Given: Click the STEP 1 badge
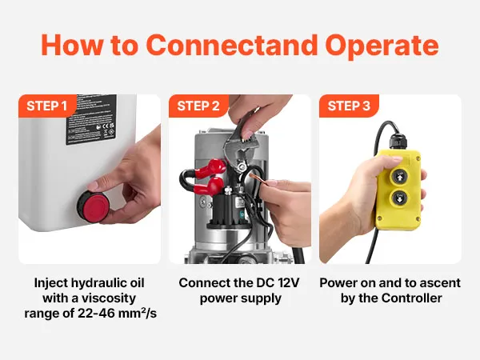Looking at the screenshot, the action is [46, 106].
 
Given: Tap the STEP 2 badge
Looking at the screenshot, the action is [198, 106].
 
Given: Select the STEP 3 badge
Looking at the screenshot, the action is [349, 106].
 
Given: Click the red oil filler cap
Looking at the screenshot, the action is [93, 206].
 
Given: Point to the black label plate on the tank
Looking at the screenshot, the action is [91, 119].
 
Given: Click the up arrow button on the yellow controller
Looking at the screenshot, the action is [399, 176].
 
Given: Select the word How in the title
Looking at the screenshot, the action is [72, 45].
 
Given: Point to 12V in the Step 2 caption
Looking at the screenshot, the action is [289, 283].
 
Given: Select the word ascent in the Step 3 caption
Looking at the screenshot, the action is [441, 283].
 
